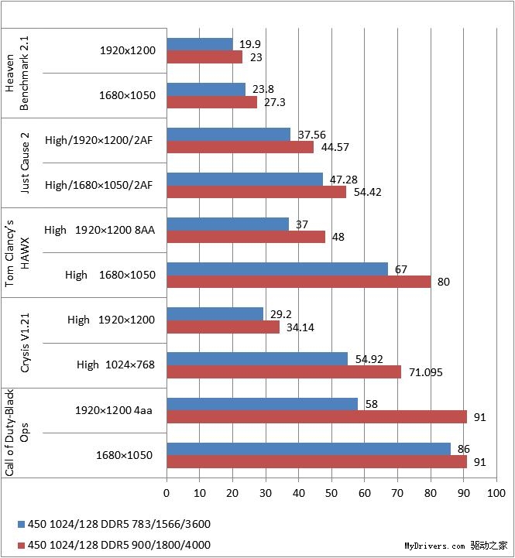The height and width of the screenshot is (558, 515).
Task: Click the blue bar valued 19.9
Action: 200,44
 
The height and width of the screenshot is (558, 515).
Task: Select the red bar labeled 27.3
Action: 212,102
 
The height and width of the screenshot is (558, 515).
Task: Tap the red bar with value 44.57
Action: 240,147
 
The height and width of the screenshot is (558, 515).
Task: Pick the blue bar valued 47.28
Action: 245,179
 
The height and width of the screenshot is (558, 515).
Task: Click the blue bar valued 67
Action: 277,269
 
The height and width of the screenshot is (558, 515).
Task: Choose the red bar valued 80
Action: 299,282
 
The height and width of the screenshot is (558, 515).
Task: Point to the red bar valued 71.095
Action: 284,371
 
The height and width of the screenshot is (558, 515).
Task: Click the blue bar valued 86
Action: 309,448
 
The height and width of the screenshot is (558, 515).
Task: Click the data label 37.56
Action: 311,135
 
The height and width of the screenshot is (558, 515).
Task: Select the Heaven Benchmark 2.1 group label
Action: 16,73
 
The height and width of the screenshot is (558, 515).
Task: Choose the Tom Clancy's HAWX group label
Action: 16,252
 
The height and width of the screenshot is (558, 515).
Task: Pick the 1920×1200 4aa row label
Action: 114,409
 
